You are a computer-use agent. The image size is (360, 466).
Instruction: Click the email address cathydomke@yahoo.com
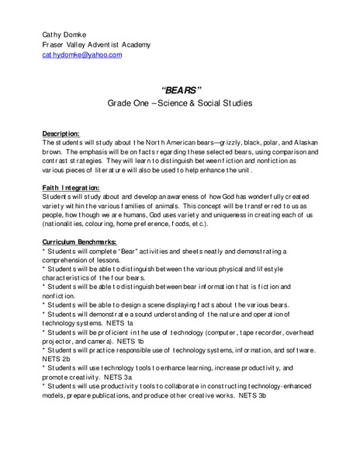click(x=81, y=56)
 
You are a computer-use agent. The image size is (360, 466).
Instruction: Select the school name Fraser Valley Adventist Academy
click(x=96, y=45)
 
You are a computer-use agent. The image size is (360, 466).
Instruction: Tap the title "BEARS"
click(x=180, y=89)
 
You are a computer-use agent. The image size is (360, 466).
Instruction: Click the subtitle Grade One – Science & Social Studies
click(x=180, y=104)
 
